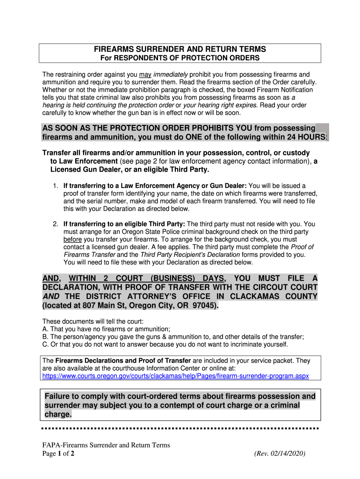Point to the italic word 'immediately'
[x=171, y=74]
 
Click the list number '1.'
[x=56, y=186]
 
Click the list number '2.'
[x=56, y=224]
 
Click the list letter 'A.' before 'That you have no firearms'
[x=45, y=329]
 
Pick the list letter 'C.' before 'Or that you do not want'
[x=45, y=345]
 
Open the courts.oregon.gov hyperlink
[x=175, y=376]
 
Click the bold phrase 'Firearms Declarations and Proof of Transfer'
[x=123, y=361]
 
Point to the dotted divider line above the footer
[x=180, y=428]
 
